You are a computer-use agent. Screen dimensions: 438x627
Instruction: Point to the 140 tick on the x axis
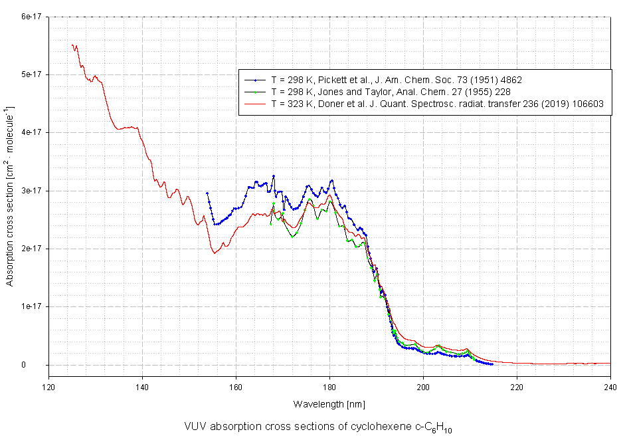click(x=142, y=386)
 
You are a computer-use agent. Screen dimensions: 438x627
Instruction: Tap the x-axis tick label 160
click(x=236, y=386)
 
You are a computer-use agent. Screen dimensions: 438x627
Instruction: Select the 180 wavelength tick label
click(x=329, y=386)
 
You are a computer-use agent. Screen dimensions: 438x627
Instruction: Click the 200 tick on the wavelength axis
click(x=423, y=386)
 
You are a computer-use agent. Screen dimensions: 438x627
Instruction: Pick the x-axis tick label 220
click(x=517, y=386)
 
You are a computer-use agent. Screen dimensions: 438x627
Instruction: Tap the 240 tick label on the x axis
click(x=610, y=386)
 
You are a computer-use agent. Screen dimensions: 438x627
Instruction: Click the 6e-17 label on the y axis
click(x=31, y=17)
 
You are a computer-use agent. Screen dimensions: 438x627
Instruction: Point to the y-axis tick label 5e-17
click(x=31, y=74)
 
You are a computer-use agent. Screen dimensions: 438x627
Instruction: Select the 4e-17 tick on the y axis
click(x=31, y=132)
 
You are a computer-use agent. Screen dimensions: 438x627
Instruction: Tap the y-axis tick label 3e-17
click(x=31, y=191)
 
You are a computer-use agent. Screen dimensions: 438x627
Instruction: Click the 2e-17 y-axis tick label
click(x=31, y=249)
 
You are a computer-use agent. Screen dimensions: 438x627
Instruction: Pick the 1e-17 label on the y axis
click(x=31, y=306)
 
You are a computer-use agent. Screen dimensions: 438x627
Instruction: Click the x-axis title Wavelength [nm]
click(x=329, y=404)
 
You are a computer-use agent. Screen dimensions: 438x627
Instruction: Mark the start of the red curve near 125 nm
click(x=72, y=45)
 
